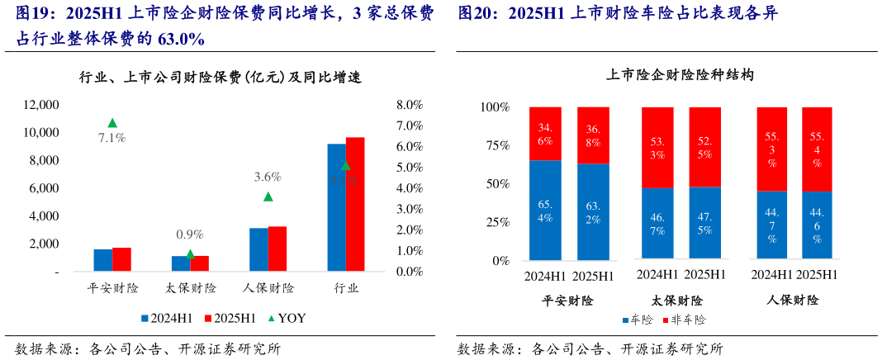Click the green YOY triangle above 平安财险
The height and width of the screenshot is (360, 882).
click(x=112, y=123)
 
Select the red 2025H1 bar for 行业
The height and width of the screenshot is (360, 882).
click(x=355, y=204)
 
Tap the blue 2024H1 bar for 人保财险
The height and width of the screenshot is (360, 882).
click(x=258, y=249)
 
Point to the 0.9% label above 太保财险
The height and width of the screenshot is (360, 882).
click(x=189, y=234)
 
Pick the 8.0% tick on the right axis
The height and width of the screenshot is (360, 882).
click(x=410, y=105)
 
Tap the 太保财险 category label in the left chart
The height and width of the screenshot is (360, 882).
click(x=190, y=289)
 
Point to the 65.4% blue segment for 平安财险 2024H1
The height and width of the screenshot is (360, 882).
click(x=545, y=211)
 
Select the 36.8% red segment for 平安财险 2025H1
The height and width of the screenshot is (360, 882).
click(x=592, y=135)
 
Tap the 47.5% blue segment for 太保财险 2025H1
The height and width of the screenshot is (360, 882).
click(x=705, y=223)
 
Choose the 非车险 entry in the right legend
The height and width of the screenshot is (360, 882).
click(x=689, y=319)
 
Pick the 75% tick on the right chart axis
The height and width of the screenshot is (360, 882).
click(x=498, y=146)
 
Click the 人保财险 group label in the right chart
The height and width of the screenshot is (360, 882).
click(x=794, y=300)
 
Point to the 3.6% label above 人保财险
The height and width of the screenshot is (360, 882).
click(x=268, y=177)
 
